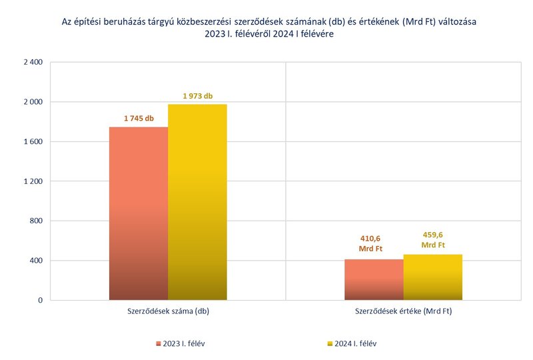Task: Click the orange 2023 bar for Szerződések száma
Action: coord(139,213)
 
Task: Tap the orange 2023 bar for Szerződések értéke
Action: coord(374,279)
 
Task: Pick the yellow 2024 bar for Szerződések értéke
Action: coord(432,277)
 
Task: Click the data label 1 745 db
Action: coord(139,119)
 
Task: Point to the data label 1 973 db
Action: coord(197,96)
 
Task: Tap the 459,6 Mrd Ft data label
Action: coord(432,240)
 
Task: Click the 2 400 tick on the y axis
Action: coord(32,63)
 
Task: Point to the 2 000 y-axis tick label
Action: coord(32,102)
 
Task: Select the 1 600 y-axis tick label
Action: coord(32,141)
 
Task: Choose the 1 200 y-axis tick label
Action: coord(32,181)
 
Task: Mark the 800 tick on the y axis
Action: coord(36,221)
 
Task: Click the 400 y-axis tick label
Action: coord(36,261)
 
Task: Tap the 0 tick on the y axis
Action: coord(40,300)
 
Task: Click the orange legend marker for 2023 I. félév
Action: coord(159,344)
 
